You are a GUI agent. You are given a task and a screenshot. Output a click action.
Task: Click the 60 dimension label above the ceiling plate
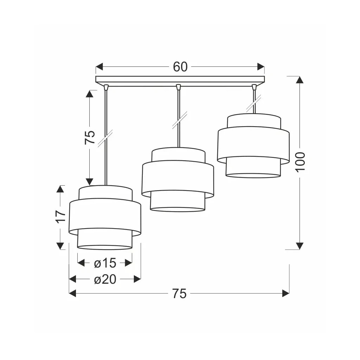180,67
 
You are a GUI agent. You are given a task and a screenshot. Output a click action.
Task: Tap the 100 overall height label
300,162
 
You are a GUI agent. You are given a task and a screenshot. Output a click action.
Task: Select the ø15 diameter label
105,263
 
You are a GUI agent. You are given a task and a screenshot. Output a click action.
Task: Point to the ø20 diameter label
105,279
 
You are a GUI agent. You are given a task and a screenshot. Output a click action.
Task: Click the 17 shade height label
60,216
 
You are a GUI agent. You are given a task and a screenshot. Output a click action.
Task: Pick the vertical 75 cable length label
90,137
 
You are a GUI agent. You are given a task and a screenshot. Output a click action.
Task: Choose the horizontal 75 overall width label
180,294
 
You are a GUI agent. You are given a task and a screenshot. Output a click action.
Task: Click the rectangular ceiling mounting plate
180,79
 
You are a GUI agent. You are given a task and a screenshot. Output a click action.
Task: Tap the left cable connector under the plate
106,87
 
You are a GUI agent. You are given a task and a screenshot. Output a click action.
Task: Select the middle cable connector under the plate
178,87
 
